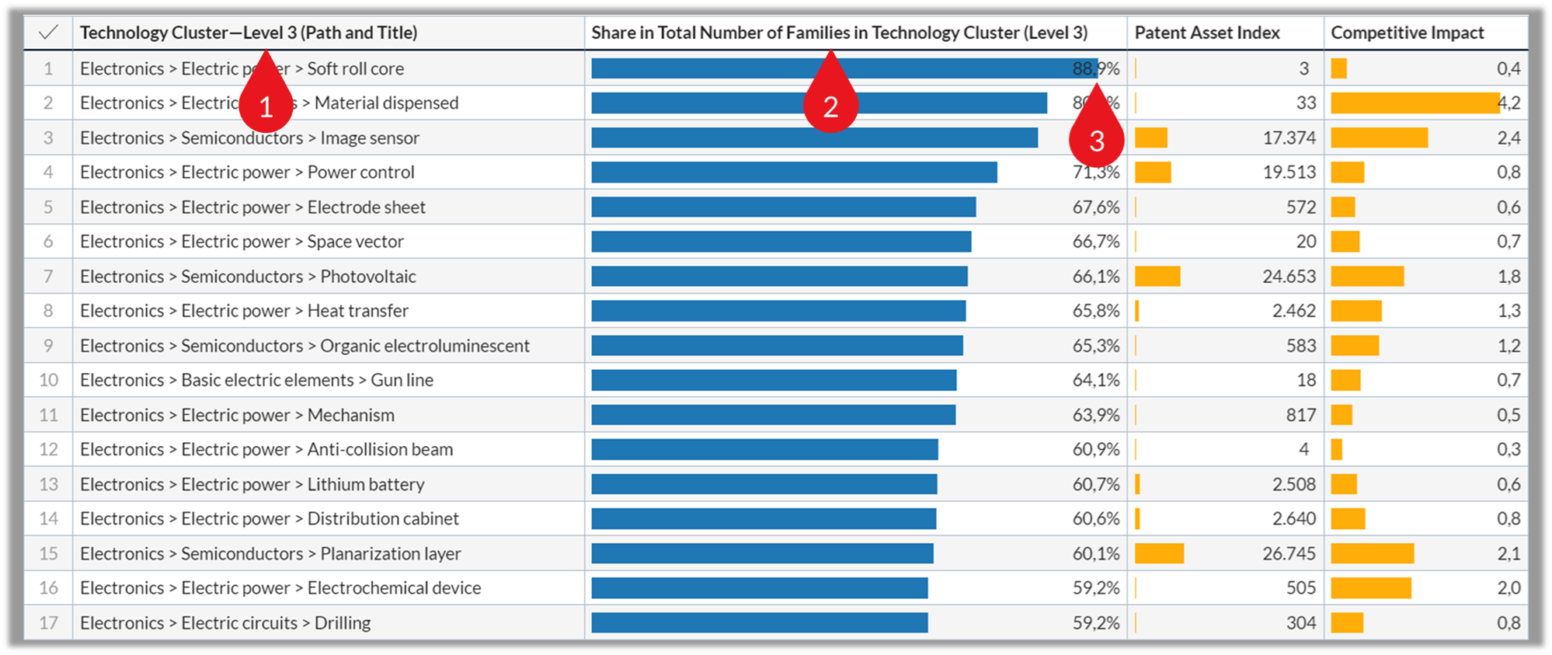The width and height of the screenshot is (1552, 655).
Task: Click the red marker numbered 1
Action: point(266,103)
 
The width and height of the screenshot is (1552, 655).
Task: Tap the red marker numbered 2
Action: point(830,103)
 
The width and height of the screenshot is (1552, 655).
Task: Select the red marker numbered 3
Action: point(1096,138)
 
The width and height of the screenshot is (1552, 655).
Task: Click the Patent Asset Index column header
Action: point(1206,33)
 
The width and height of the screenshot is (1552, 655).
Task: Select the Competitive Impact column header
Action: point(1407,33)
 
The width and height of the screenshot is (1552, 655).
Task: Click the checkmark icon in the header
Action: point(48,33)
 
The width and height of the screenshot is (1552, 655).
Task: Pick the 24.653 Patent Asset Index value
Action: point(1289,277)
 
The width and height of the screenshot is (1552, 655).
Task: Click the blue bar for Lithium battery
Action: point(764,484)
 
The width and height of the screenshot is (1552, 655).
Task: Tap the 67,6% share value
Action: point(1095,207)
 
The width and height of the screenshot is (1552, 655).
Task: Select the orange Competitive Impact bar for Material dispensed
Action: point(1414,103)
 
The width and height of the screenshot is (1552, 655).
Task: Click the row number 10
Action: point(48,380)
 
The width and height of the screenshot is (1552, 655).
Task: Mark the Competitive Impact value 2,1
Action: point(1508,553)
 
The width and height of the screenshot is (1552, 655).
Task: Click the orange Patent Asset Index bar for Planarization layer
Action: point(1159,553)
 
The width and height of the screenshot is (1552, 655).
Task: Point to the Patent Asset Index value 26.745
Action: point(1289,553)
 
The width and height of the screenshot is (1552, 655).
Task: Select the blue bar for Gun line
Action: point(774,380)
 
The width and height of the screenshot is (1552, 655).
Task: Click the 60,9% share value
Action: point(1095,449)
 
